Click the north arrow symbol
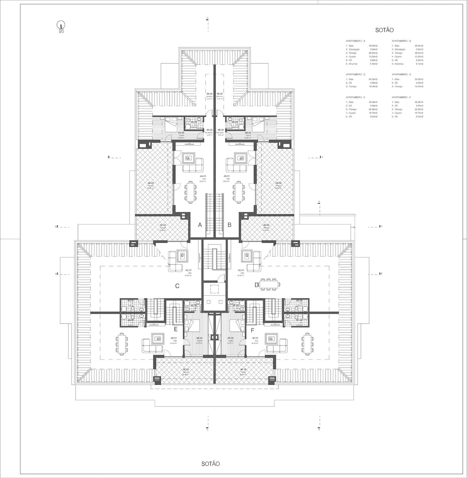tap(61, 27)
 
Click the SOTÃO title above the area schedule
tap(385, 30)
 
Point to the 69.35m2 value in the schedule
tap(373, 79)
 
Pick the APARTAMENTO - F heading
tap(401, 97)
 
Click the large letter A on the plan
tap(200, 225)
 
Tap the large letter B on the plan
tap(229, 225)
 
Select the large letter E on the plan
tap(176, 329)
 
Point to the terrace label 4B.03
tap(278, 184)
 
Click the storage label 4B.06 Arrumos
tap(220, 96)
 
